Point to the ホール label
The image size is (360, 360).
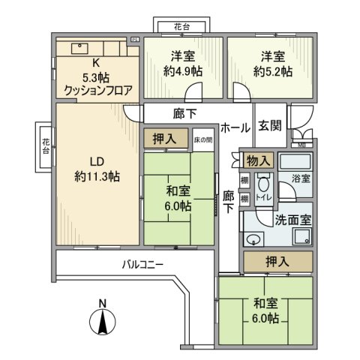pos(236,127)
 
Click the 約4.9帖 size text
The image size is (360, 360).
pos(182,72)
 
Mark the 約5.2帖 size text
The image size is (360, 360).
pos(268,72)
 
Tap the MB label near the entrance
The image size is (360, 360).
pos(302,144)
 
